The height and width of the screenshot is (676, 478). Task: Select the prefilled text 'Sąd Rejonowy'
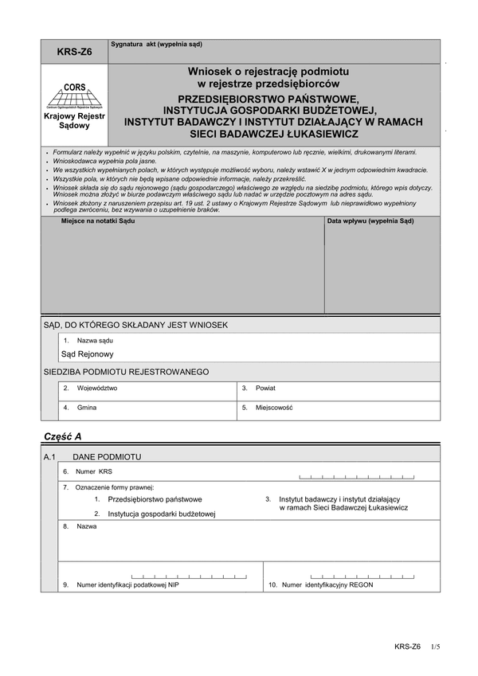(x=88, y=354)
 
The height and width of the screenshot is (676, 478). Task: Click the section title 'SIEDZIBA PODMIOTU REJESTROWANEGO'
(x=126, y=372)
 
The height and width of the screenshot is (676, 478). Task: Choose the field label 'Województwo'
(x=97, y=389)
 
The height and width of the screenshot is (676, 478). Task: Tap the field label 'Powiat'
(x=265, y=389)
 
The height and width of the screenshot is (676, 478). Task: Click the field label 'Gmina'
(x=87, y=408)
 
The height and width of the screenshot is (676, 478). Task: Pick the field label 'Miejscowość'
(x=275, y=408)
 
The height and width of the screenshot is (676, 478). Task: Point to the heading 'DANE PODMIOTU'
(x=107, y=457)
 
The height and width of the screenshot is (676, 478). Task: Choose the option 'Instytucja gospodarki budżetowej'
(x=162, y=514)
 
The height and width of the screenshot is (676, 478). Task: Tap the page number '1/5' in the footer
(x=434, y=647)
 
